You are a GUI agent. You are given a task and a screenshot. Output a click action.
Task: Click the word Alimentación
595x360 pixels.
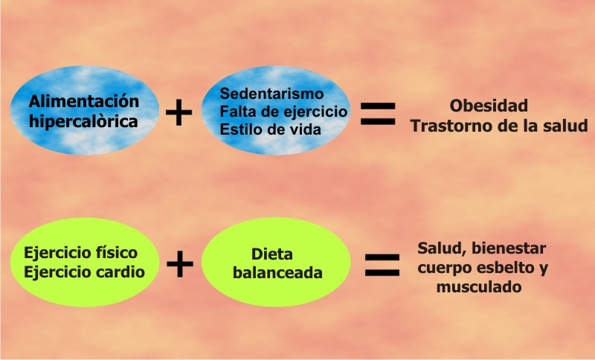pyautogui.click(x=84, y=101)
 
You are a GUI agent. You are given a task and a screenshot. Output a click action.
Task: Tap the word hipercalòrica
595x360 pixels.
pyautogui.click(x=84, y=121)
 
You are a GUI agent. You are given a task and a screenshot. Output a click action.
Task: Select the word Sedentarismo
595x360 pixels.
pyautogui.click(x=272, y=94)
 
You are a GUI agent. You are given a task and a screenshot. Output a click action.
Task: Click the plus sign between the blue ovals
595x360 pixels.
pyautogui.click(x=178, y=113)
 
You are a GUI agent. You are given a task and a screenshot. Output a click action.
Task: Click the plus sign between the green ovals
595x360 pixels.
pyautogui.click(x=180, y=264)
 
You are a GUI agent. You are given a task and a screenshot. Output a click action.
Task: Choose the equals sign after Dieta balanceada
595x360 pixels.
pyautogui.click(x=382, y=264)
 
